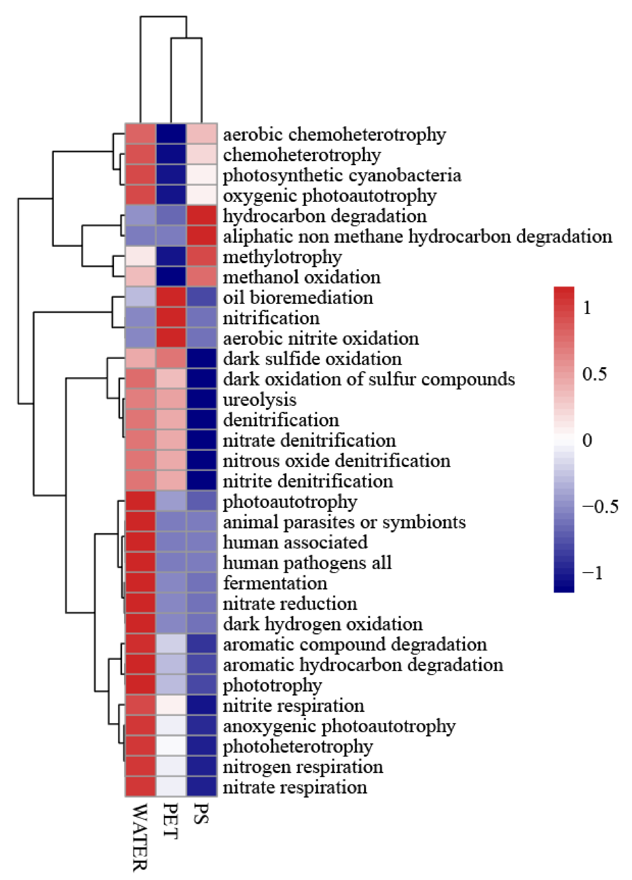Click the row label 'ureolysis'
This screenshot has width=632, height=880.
(x=259, y=400)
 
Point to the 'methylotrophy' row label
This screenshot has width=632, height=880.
(x=282, y=257)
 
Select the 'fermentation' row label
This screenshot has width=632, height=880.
(x=275, y=583)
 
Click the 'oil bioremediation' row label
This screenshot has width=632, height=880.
(x=298, y=298)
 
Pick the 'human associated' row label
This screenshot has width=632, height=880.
(x=295, y=542)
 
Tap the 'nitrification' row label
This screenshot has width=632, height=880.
(x=271, y=318)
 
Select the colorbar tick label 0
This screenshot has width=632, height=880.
(x=587, y=440)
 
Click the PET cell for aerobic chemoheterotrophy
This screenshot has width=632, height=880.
(x=171, y=134)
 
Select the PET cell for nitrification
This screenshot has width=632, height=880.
(x=171, y=318)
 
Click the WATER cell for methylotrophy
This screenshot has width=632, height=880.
(x=140, y=257)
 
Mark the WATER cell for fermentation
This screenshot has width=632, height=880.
(x=140, y=583)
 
